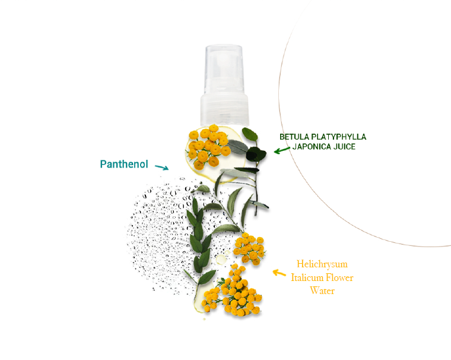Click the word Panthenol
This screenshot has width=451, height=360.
[x=123, y=164]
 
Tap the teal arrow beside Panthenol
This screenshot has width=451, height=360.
[x=161, y=168]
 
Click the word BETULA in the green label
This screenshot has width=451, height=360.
[x=294, y=137]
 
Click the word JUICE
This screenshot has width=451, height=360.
[x=345, y=146]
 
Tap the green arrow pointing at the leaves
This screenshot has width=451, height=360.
[x=281, y=150]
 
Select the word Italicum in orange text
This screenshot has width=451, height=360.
[x=307, y=277]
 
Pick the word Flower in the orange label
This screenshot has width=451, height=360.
[x=339, y=277]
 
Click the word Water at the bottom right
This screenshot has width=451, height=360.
[x=322, y=290]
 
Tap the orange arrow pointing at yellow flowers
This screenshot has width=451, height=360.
[x=278, y=273]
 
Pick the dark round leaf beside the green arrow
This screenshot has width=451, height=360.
[x=256, y=155]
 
